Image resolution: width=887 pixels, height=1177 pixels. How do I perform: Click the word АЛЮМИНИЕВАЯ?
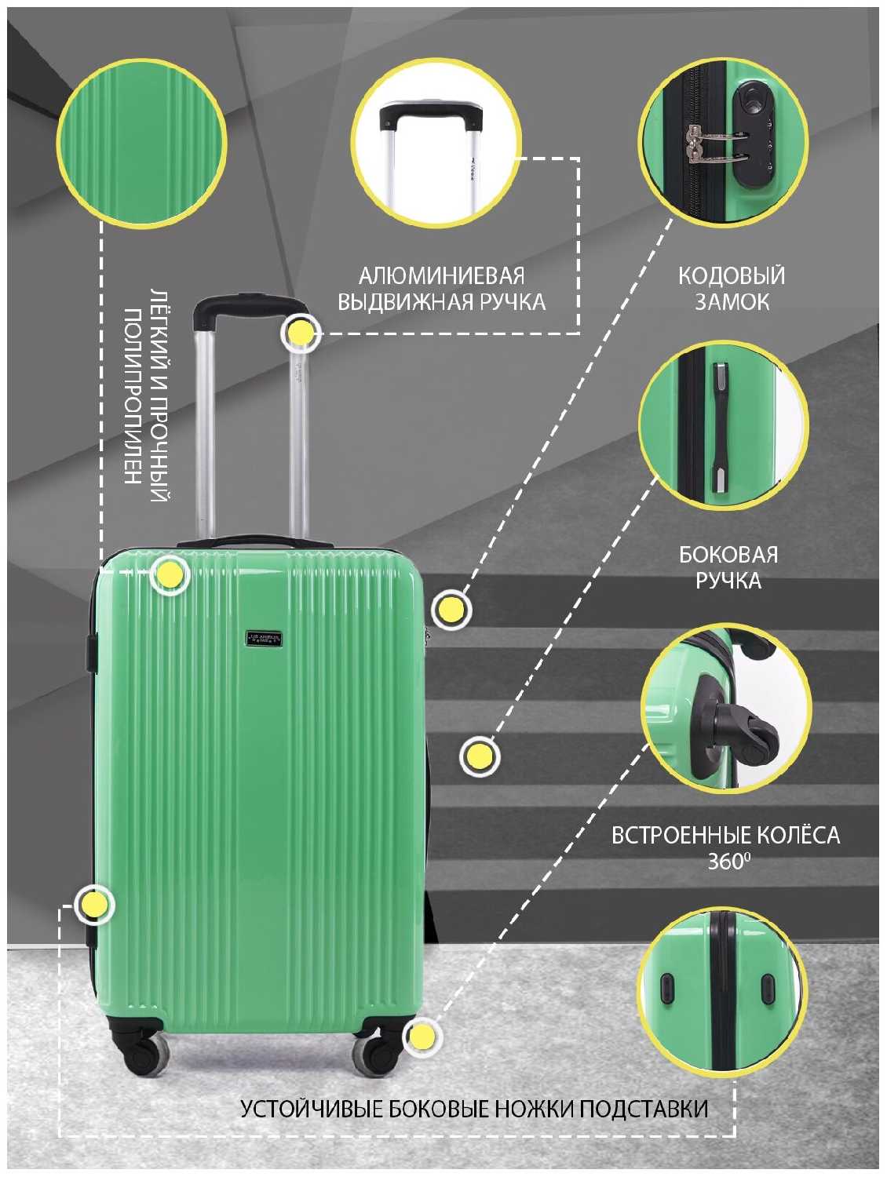point(441,276)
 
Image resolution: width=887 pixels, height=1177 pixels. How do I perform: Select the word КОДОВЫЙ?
point(732,276)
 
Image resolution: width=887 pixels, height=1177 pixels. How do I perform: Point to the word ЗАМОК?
point(732,302)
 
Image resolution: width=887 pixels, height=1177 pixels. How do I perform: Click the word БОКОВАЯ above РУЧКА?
point(728,555)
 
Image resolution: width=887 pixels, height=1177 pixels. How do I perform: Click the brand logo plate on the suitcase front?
point(264,639)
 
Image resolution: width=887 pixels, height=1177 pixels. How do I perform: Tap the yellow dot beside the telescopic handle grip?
point(299,333)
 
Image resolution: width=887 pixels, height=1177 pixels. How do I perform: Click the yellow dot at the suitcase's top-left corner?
point(170,575)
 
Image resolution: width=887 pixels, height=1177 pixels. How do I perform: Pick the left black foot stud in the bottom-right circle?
point(668,988)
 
